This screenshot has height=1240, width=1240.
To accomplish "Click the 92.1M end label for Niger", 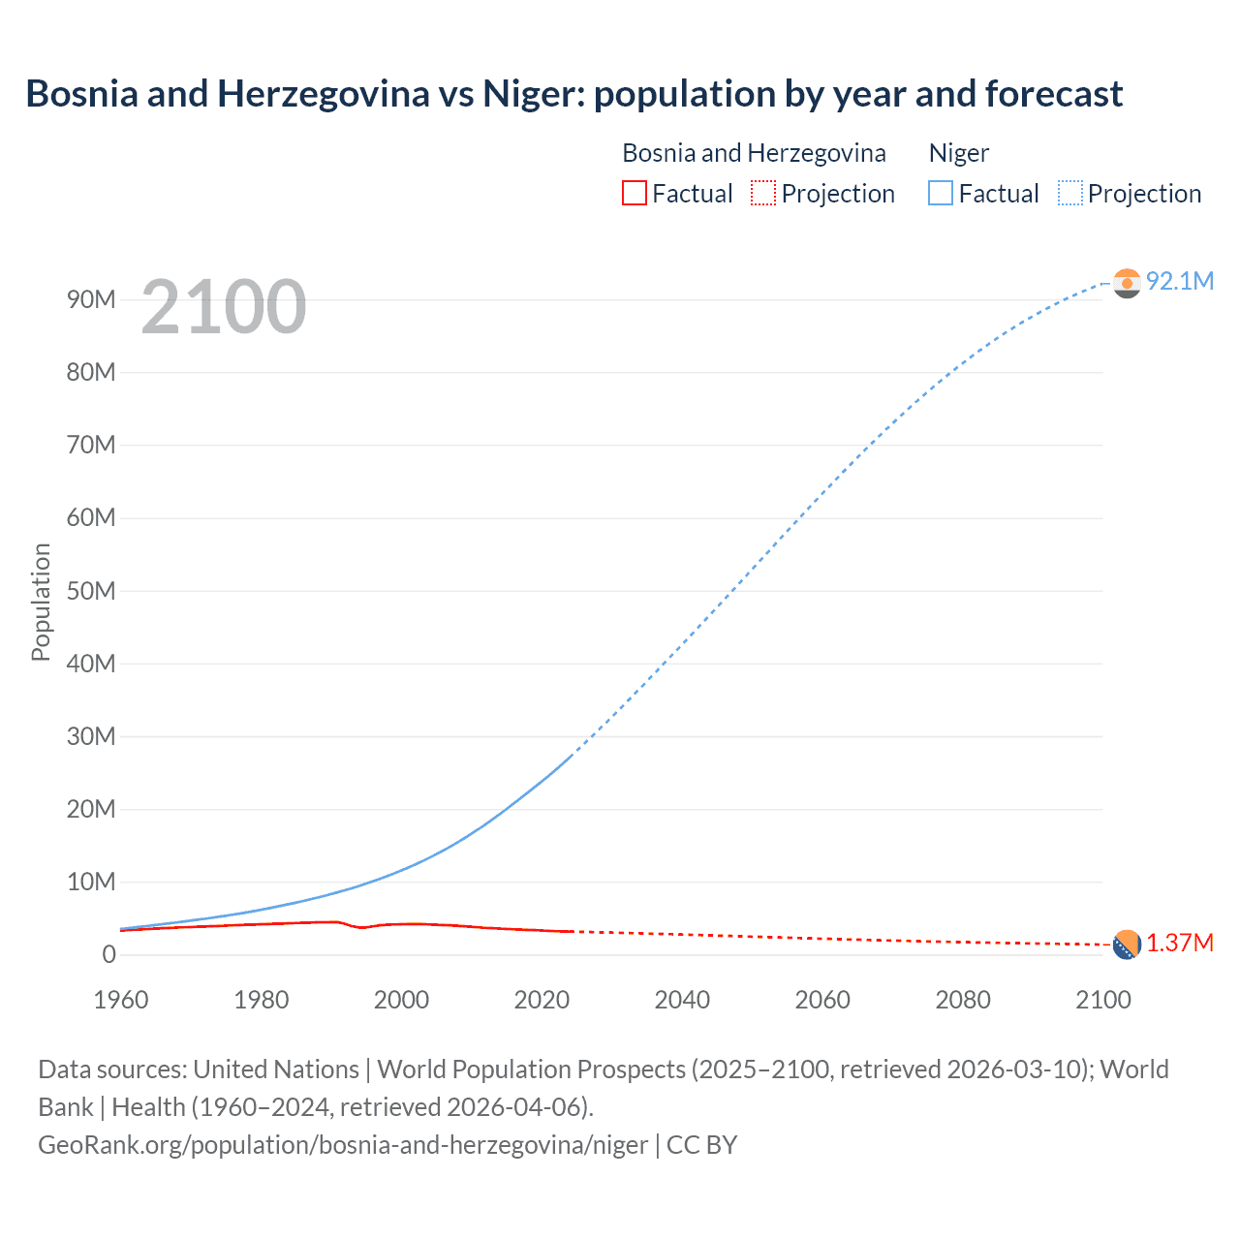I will tap(1179, 281).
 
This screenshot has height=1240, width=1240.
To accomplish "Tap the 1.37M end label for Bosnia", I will tap(1180, 944).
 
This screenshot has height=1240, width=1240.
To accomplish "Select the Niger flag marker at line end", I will tap(1127, 283).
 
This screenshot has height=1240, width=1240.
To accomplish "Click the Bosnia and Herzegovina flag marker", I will tap(1127, 945).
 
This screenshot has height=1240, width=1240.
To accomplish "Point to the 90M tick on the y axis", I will tap(91, 299).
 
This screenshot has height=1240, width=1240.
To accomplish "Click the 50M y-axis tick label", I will tap(91, 591).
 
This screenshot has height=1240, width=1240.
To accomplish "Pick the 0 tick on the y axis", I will tap(108, 954).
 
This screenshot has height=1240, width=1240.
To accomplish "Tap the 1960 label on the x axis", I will tap(121, 1000).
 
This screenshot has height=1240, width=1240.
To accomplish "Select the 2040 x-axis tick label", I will tap(682, 1000).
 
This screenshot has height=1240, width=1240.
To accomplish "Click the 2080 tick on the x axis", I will tap(963, 1000).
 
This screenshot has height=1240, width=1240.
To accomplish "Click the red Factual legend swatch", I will tap(635, 194).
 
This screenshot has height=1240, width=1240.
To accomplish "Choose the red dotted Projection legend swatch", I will tap(763, 194).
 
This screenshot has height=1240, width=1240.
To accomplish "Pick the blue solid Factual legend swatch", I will tap(941, 194).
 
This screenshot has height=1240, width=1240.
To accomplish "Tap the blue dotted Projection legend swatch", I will tap(1070, 194).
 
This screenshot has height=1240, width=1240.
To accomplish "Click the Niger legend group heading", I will tap(959, 153).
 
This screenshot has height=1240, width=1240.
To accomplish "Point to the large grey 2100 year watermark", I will tap(224, 307).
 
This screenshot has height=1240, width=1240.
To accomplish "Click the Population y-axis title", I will tap(41, 602).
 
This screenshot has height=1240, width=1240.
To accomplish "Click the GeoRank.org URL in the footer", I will tap(343, 1145).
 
